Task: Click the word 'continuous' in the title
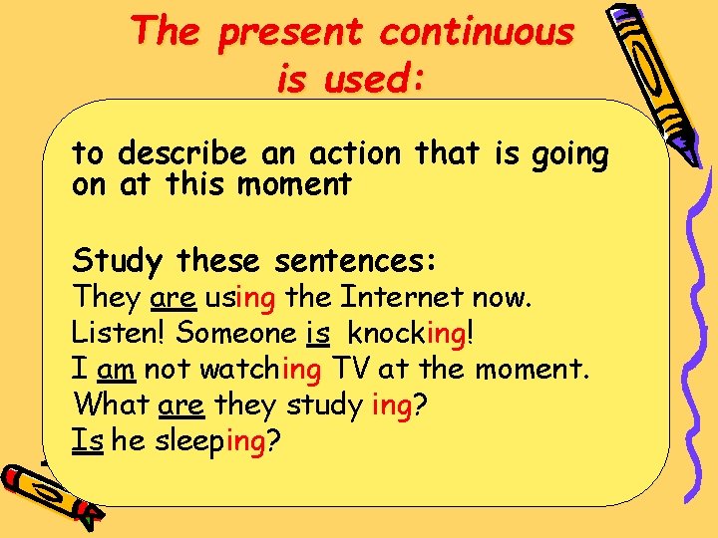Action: pos(477,32)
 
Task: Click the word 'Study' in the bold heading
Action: pos(117,261)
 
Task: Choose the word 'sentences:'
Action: pos(356,261)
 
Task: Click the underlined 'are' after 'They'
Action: pos(174,297)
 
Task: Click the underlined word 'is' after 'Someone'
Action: pos(318,333)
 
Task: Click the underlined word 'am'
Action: pos(116,370)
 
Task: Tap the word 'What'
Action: pos(112,405)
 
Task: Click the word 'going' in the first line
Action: pos(570,155)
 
